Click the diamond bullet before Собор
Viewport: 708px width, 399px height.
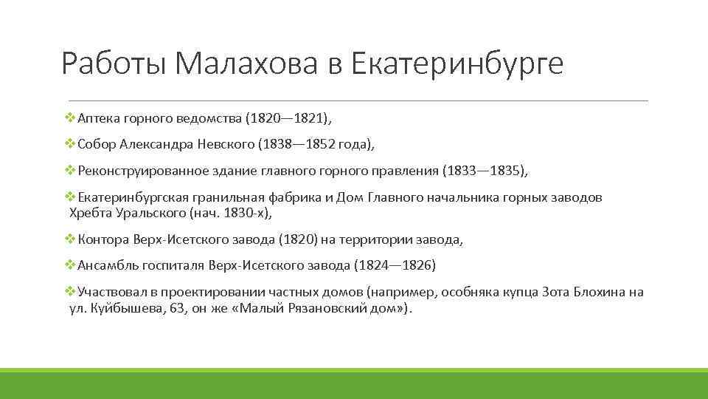point(70,144)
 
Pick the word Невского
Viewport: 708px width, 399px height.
point(233,144)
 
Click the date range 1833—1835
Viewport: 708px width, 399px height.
point(484,171)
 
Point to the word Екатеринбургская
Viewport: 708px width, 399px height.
point(133,198)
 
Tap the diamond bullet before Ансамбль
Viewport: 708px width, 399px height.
point(70,265)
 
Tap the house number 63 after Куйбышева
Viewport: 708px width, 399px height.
point(173,307)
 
